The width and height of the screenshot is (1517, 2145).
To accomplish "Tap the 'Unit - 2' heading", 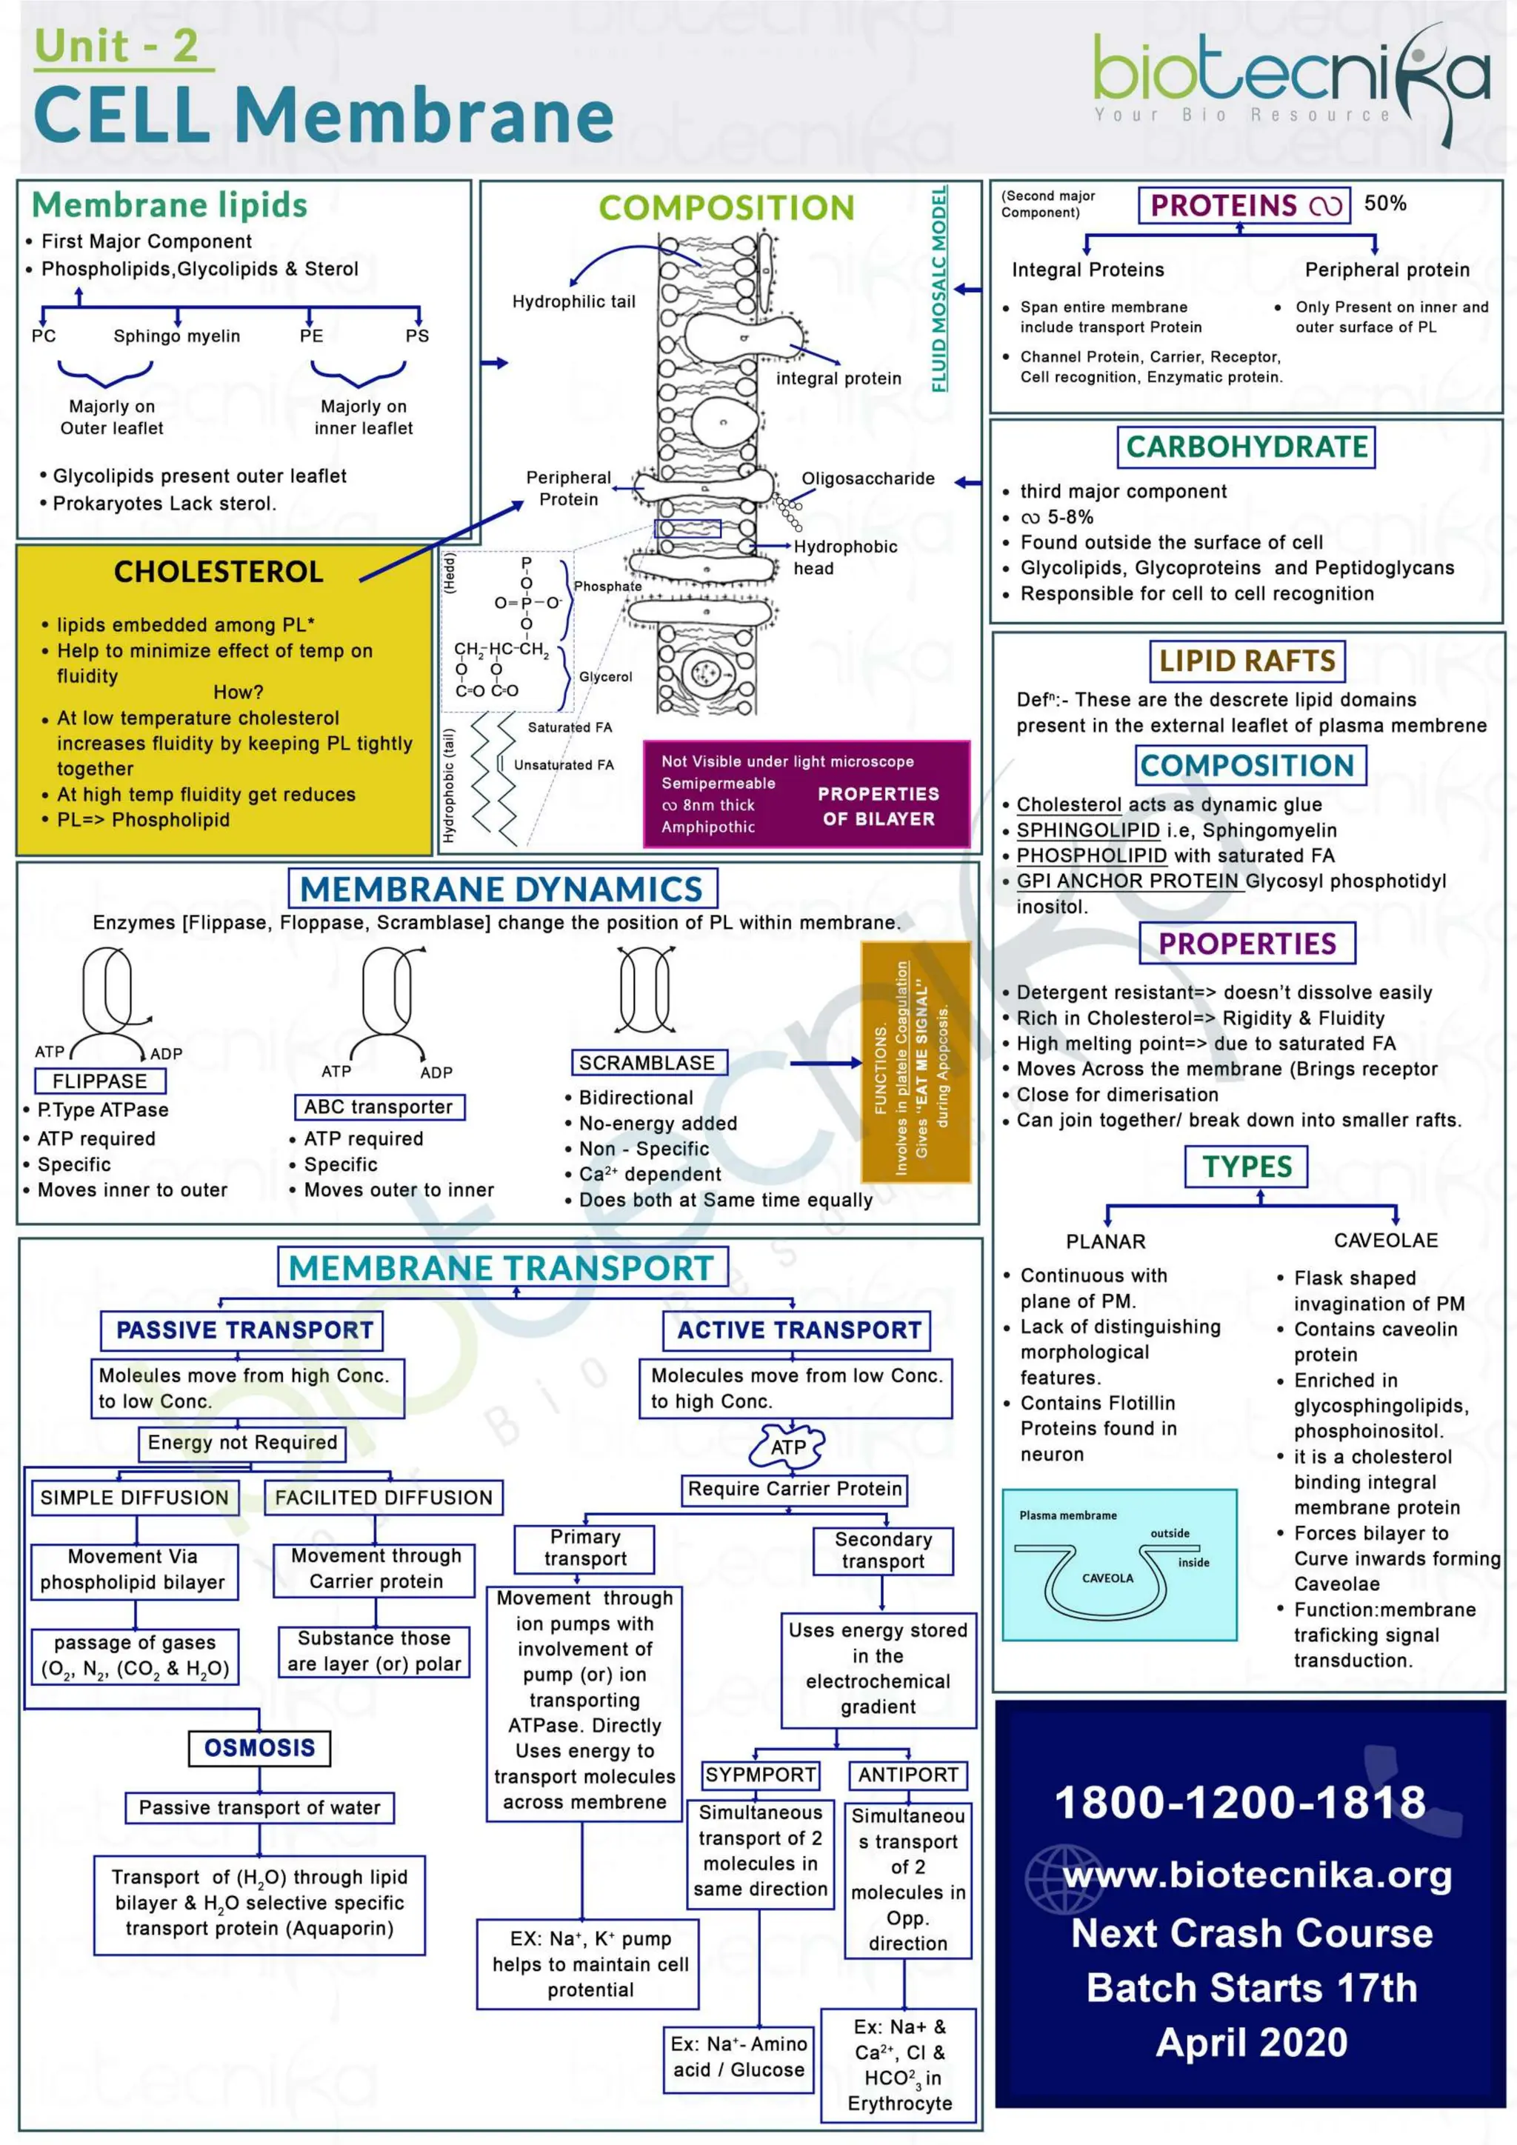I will (117, 47).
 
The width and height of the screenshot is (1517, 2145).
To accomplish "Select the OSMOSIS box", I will (260, 1747).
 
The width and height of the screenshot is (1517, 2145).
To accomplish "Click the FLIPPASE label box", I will (100, 1081).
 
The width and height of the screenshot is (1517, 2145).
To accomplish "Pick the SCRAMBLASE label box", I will (647, 1062).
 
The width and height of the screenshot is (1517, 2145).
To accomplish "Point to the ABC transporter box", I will (379, 1107).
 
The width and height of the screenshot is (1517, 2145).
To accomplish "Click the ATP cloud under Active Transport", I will (788, 1447).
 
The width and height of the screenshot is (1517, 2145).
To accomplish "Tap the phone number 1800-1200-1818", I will (1239, 1802).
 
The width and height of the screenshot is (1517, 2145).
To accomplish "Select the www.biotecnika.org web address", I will (1257, 1875).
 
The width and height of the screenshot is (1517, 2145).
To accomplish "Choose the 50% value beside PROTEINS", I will (1385, 204).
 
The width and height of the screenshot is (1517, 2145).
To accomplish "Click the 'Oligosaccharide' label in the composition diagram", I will (868, 478).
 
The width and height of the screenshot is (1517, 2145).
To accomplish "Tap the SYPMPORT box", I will (761, 1774).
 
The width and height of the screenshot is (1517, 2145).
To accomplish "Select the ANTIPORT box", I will (908, 1774).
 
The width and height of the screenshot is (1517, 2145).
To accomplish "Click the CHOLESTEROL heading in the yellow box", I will (219, 572).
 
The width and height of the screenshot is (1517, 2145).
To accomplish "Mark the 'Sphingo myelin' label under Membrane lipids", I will (176, 336).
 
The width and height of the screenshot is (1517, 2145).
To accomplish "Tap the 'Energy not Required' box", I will (242, 1442).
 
